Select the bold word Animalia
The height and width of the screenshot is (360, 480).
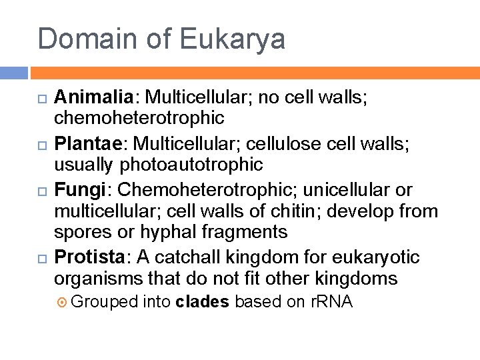(93, 97)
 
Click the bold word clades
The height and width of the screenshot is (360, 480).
(202, 302)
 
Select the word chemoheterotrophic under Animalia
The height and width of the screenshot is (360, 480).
(139, 118)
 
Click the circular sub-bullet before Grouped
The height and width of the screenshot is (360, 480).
(63, 302)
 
